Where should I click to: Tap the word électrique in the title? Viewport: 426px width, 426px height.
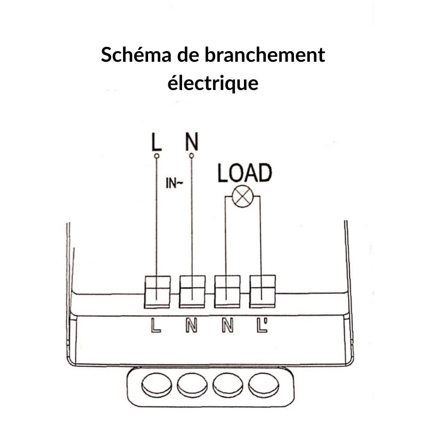pos(213,84)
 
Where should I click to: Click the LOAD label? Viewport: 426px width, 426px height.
pos(244,173)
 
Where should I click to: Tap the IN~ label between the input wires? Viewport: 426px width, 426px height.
pos(175,185)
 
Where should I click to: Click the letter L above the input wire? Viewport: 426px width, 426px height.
pos(156,143)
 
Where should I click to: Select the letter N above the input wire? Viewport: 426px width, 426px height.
pos(192,142)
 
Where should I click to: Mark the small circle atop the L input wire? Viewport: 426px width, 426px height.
pos(157,156)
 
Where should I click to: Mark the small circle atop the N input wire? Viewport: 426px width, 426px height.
pos(192,155)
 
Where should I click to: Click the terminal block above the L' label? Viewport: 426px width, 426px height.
pos(263,291)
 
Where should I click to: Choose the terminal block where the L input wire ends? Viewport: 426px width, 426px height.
pos(158,291)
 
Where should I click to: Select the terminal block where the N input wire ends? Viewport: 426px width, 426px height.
pos(192,291)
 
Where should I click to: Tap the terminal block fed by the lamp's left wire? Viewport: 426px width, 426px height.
pos(227,291)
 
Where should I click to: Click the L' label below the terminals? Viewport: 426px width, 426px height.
pos(262,325)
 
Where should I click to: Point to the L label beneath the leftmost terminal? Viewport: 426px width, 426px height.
pos(155,325)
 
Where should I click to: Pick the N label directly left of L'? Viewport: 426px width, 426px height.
pos(227,325)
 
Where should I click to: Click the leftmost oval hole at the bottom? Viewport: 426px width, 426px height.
pos(157,384)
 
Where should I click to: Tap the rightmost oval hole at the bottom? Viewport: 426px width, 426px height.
pos(264,384)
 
